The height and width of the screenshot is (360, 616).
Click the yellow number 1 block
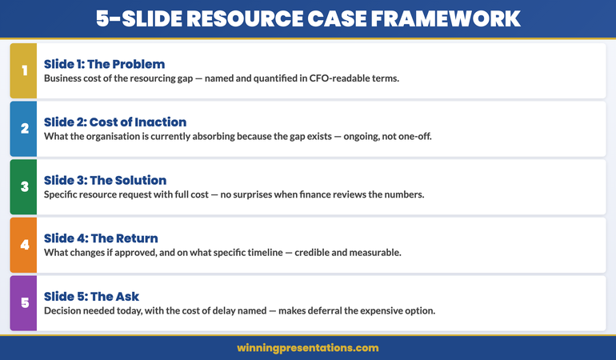point(23,70)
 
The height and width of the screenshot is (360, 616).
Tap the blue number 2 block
point(23,129)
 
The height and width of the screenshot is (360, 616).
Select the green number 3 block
point(23,186)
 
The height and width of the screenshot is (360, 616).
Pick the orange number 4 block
point(23,245)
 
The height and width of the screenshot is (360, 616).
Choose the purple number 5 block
point(23,303)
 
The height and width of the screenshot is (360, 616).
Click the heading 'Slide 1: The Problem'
point(104,64)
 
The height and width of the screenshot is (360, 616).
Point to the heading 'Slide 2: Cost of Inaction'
point(115,122)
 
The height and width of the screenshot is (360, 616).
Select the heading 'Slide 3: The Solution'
point(106,180)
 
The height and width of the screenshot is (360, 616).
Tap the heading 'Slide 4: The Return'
point(101,238)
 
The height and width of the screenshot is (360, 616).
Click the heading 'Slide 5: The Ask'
point(92,297)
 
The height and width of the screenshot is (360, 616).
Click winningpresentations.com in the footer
point(308,348)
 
